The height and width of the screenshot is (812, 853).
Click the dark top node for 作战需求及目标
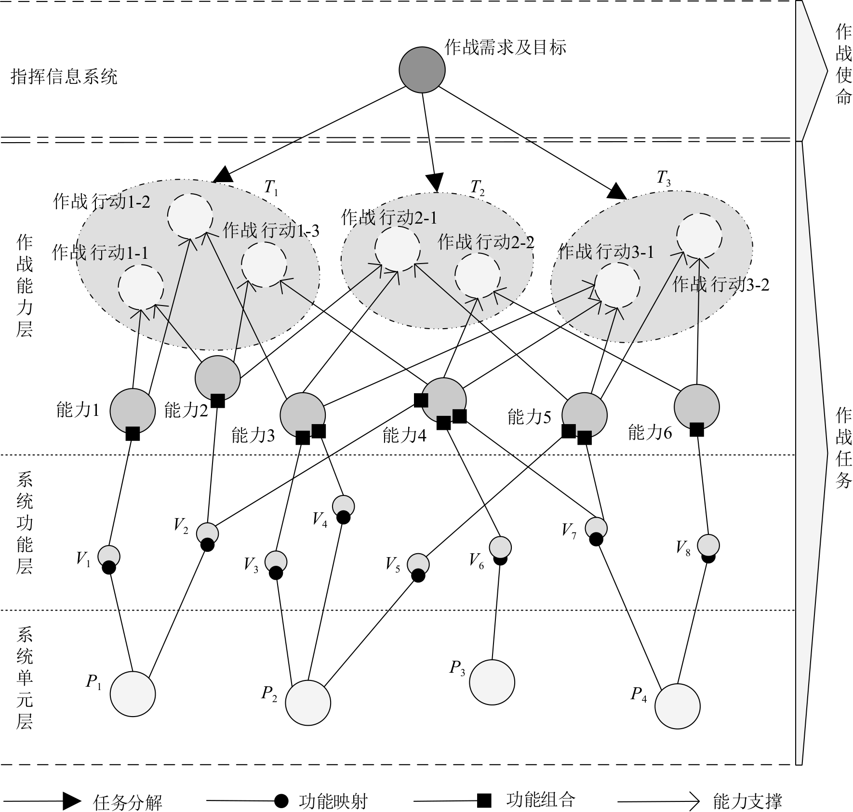click(422, 70)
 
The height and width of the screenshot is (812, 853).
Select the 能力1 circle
click(133, 411)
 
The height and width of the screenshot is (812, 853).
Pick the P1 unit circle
click(133, 694)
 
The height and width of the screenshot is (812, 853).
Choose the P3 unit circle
click(492, 682)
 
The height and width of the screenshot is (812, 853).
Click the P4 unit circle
click(677, 706)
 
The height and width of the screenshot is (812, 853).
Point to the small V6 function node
click(500, 547)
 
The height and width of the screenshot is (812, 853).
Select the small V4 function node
click(344, 506)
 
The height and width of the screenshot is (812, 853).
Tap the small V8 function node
click(708, 546)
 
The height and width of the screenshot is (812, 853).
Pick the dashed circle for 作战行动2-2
click(477, 276)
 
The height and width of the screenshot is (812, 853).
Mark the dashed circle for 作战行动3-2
click(699, 236)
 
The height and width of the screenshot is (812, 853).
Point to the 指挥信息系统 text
click(64, 76)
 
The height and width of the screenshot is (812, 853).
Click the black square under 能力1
click(133, 433)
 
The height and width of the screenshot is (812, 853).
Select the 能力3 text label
click(253, 435)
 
